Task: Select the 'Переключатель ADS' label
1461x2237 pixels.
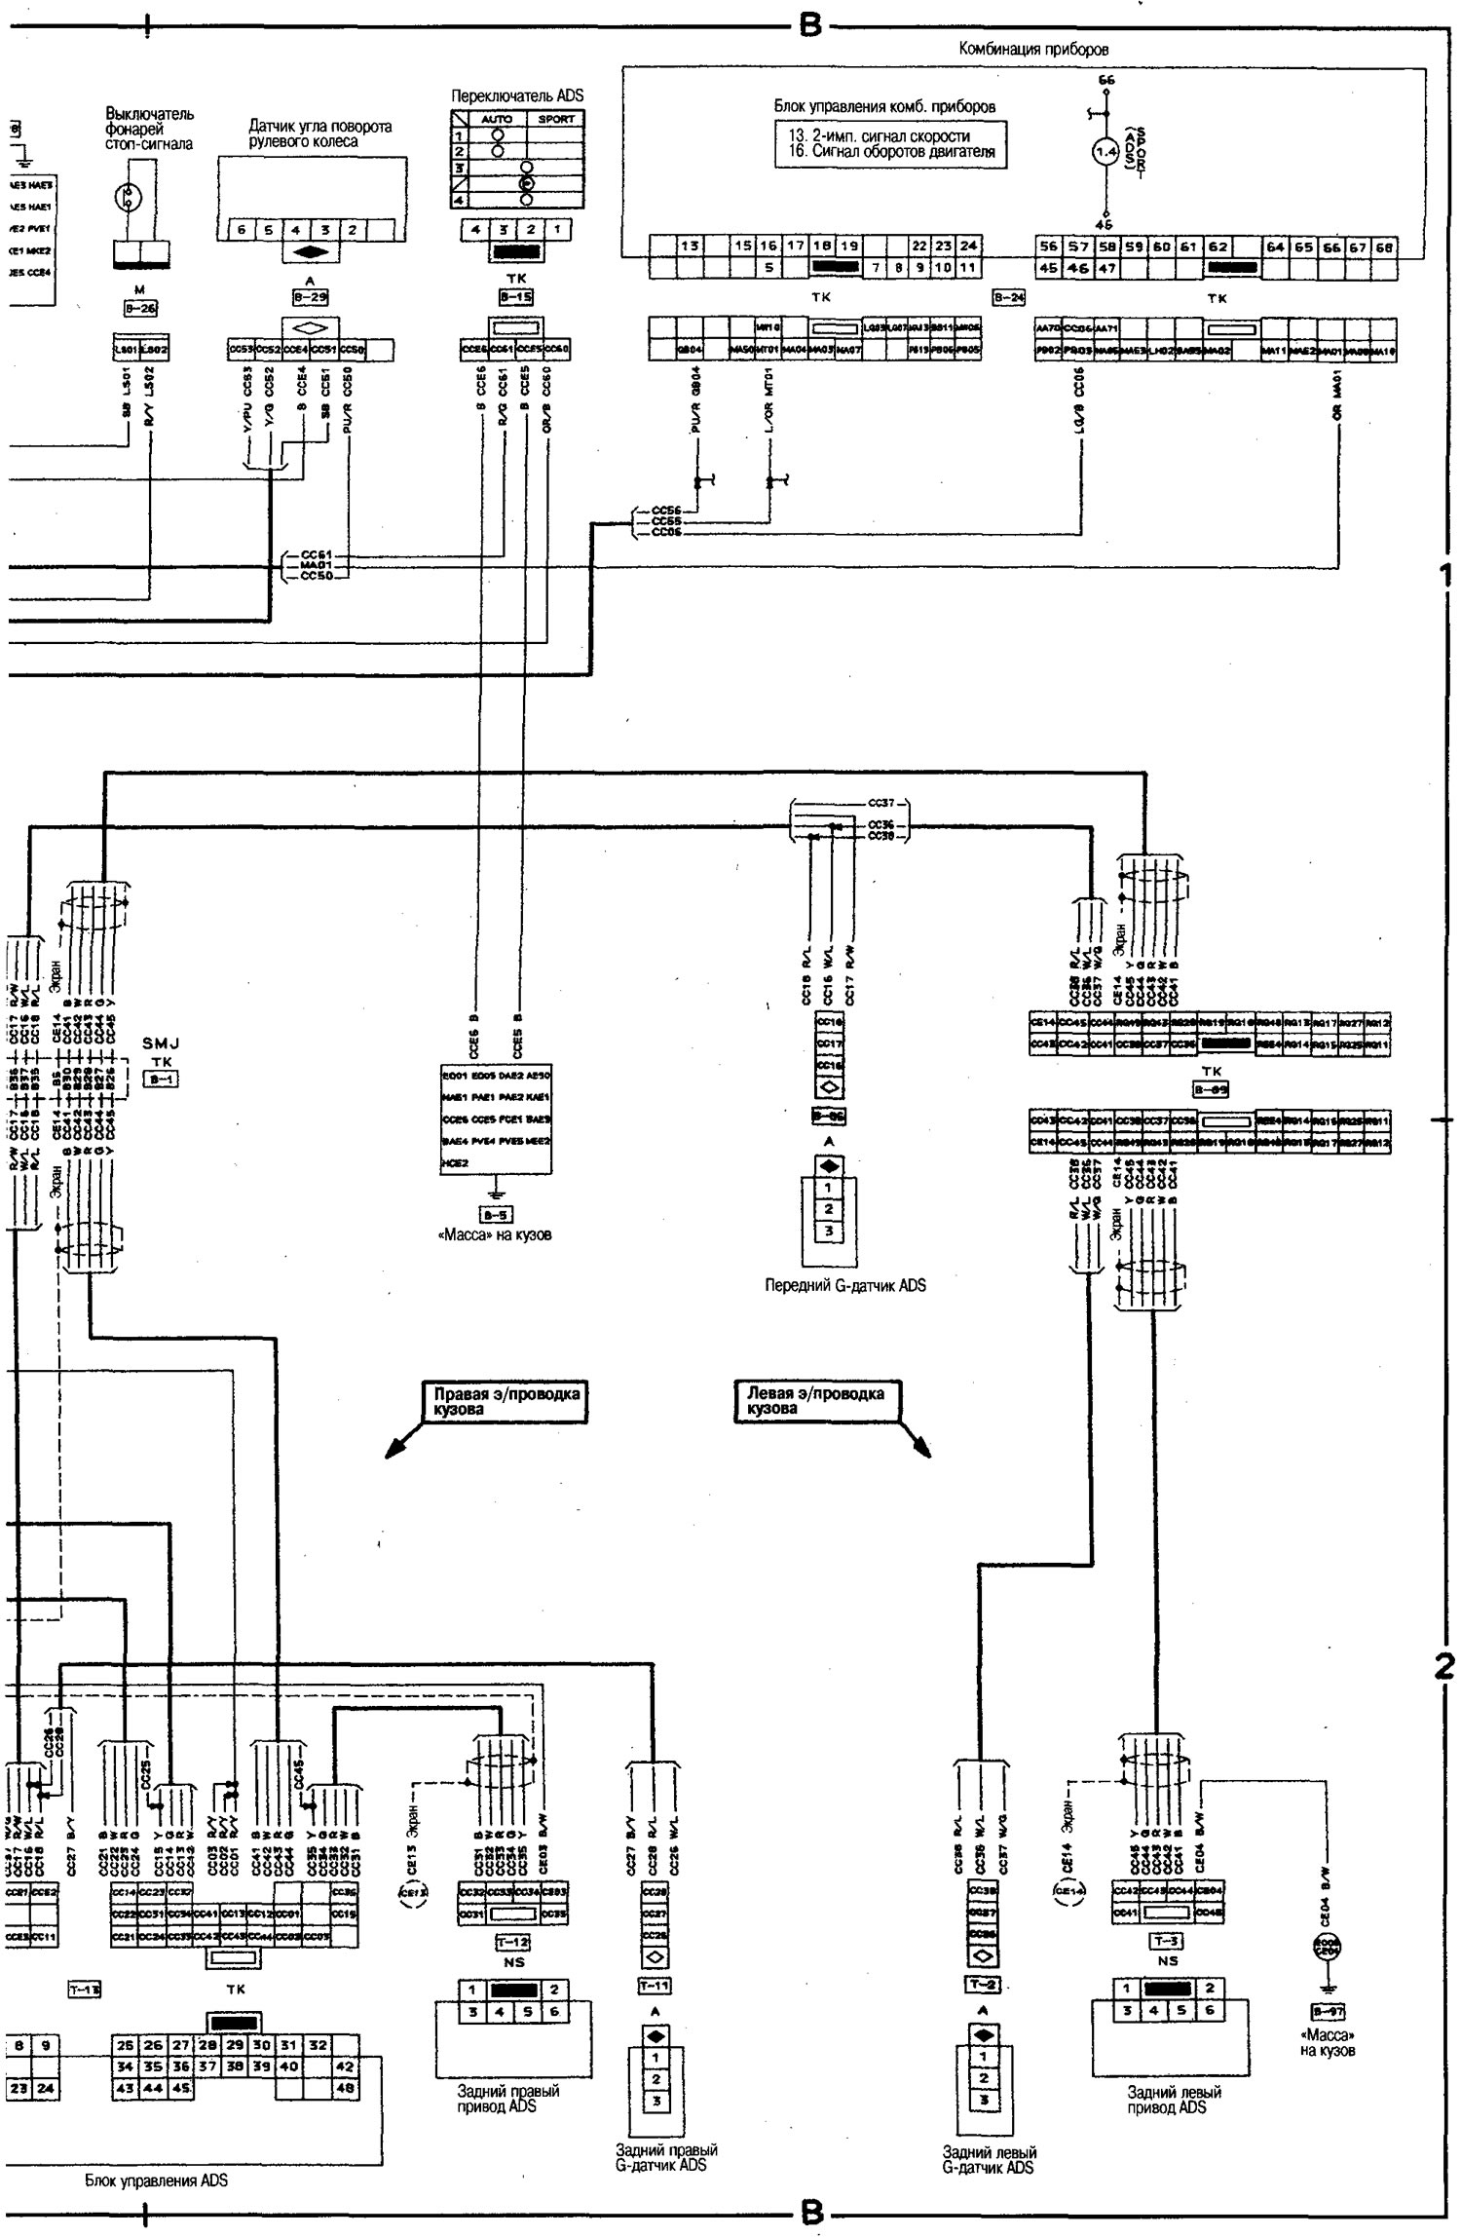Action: pyautogui.click(x=517, y=96)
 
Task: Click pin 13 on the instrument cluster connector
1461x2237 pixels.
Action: pyautogui.click(x=689, y=246)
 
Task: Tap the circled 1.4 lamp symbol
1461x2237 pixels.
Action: pyautogui.click(x=1103, y=153)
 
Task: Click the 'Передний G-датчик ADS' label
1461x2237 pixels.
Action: pyautogui.click(x=844, y=1285)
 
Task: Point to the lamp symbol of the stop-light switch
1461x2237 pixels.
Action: pyautogui.click(x=129, y=196)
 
